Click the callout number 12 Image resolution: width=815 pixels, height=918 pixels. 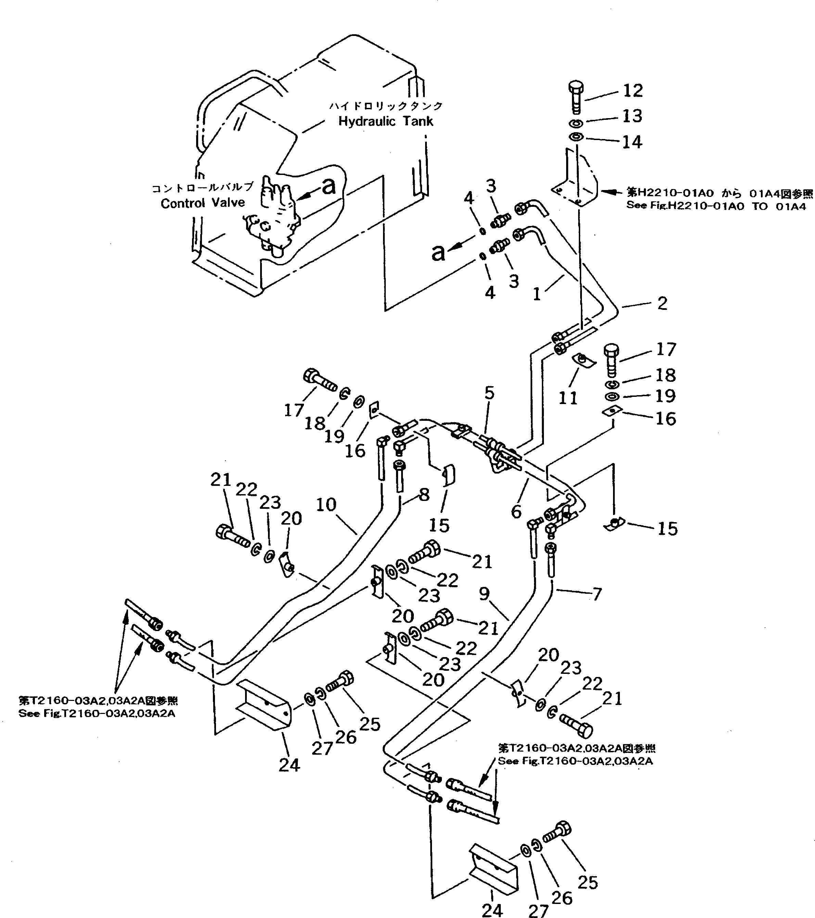coord(633,91)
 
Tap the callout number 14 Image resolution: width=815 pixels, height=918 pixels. coord(632,142)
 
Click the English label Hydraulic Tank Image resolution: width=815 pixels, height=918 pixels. coord(385,121)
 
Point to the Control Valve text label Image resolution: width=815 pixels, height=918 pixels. coord(203,203)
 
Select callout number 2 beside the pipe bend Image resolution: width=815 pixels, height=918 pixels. coord(662,304)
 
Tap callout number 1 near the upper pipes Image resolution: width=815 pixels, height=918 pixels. coord(537,294)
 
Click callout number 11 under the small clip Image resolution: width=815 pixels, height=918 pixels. coord(568,398)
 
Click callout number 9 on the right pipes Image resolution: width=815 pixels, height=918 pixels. coord(484,594)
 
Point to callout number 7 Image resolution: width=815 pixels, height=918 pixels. coord(597,594)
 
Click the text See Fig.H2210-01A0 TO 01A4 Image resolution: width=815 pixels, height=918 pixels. coord(716,206)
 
